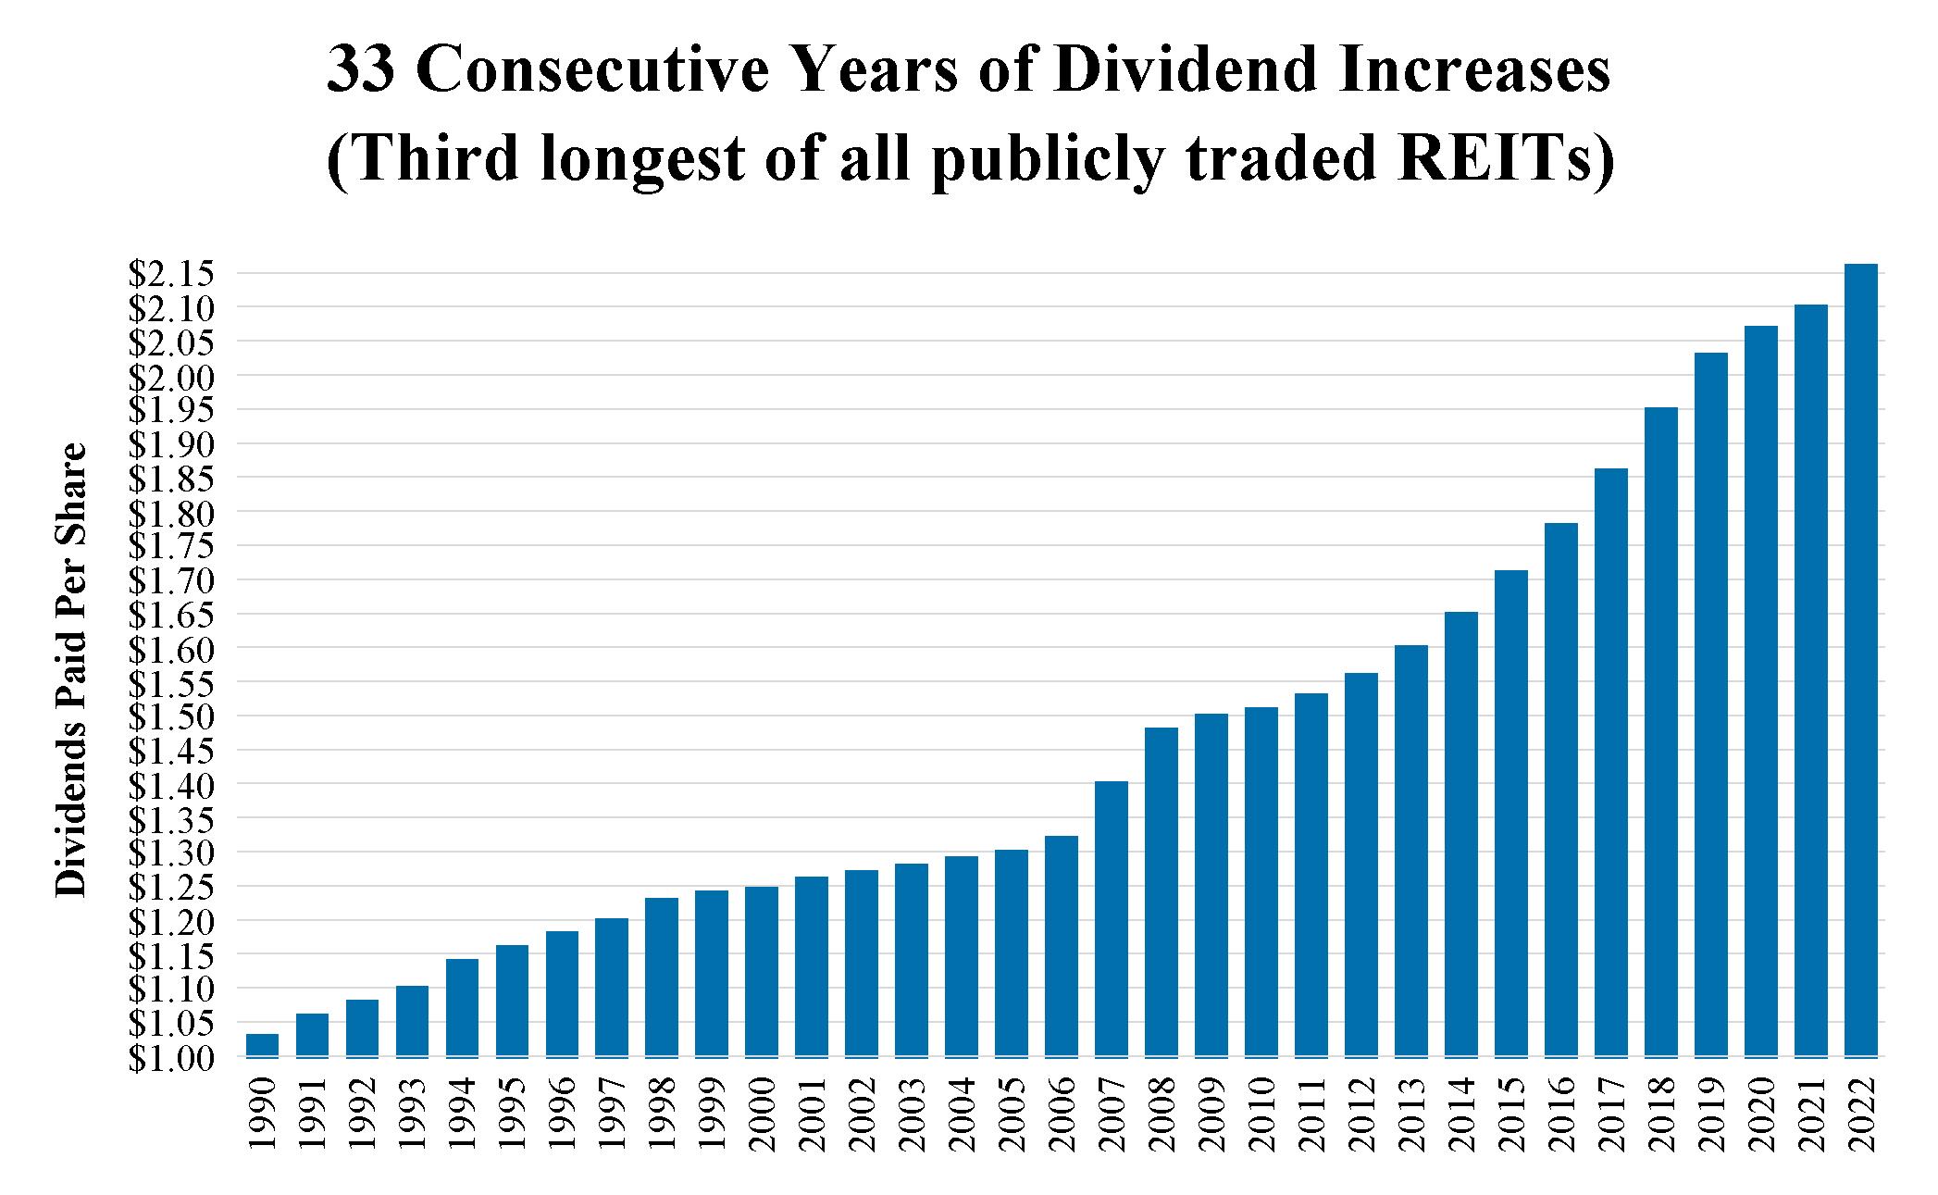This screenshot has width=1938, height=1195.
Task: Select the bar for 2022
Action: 1860,660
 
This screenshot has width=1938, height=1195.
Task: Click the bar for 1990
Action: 262,1045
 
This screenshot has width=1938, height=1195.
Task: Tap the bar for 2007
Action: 1112,919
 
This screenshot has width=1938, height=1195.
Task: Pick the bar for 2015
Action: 1511,814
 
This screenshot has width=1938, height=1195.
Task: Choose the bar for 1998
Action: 662,977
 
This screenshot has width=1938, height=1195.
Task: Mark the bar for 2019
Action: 1711,704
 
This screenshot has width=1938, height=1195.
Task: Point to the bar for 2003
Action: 912,960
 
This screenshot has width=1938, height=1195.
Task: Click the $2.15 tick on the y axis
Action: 171,274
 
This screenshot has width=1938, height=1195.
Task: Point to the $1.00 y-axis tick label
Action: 171,1058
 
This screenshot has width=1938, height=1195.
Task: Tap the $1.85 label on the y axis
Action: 171,479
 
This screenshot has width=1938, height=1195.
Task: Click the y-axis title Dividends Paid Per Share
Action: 71,669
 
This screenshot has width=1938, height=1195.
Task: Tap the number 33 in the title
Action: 362,73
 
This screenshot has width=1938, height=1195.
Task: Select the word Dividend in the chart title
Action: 1186,71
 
